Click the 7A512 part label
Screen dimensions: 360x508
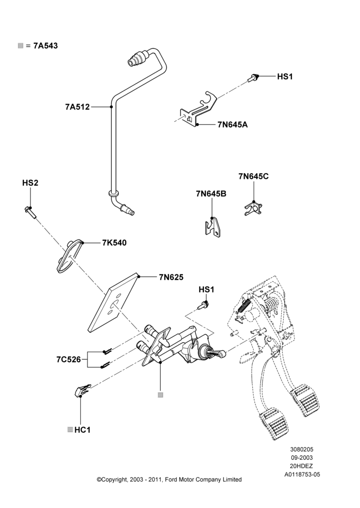click(77, 107)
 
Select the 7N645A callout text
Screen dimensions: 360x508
click(232, 124)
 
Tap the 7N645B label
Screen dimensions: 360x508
click(211, 194)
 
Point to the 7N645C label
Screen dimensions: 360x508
click(254, 176)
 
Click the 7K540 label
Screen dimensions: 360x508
click(114, 243)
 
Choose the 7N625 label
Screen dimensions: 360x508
click(171, 277)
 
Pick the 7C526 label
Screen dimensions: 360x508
click(69, 359)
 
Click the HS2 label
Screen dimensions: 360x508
click(30, 183)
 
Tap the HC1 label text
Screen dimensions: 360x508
click(82, 430)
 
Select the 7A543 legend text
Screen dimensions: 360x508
click(46, 46)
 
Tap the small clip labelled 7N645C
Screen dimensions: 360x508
click(253, 208)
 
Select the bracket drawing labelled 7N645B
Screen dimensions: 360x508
click(213, 227)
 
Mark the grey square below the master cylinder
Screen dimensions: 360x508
click(160, 395)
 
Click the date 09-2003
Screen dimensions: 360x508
click(302, 458)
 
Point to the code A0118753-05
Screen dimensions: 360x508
click(302, 474)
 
